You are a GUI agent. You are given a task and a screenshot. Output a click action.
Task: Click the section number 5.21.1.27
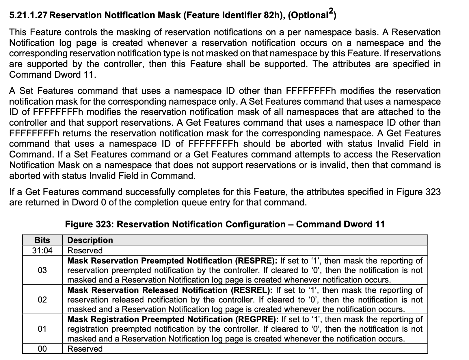point(28,15)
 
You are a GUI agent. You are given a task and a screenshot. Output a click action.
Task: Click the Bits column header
point(42,240)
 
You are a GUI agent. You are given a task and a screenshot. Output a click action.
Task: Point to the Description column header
point(90,240)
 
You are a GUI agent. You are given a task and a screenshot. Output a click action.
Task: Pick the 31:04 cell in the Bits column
point(42,250)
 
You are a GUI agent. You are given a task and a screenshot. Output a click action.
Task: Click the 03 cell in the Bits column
point(42,270)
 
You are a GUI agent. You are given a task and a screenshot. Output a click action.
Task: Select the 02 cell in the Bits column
point(42,300)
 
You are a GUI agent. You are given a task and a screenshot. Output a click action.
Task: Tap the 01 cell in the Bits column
point(42,329)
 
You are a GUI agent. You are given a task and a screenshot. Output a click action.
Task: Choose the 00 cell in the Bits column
point(42,349)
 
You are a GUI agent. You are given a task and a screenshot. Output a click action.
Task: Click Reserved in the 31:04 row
point(85,250)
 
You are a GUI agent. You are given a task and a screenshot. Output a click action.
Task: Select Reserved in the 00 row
point(85,349)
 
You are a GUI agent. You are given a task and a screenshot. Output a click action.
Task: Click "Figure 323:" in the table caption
point(89,224)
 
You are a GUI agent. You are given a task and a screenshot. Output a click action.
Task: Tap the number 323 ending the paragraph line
point(433,192)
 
